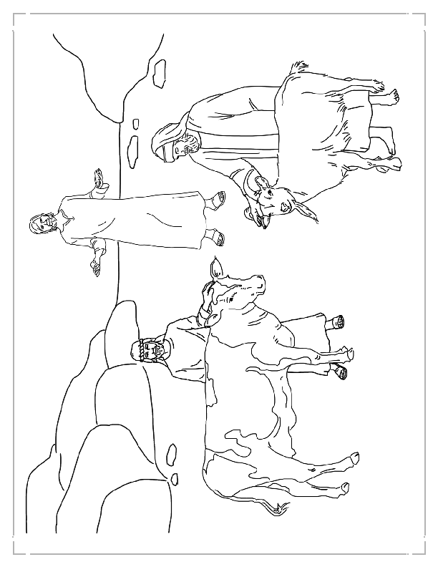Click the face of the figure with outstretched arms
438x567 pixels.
click(42, 226)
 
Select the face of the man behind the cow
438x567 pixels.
click(147, 351)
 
